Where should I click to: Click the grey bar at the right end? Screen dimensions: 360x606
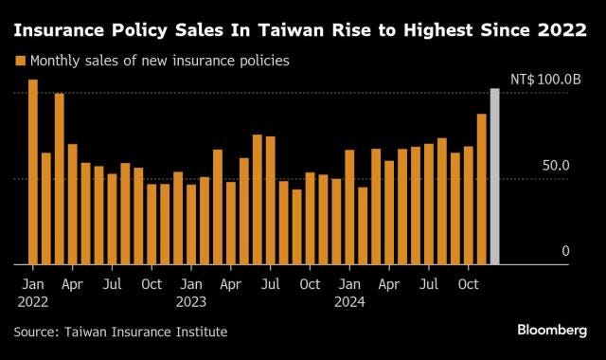click(x=494, y=176)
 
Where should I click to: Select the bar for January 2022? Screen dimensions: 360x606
click(x=33, y=171)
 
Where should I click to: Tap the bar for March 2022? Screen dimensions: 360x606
click(x=60, y=179)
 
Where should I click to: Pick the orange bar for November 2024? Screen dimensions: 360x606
click(x=481, y=189)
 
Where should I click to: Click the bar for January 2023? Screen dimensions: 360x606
click(x=191, y=224)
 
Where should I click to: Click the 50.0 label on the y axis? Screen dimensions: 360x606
click(x=555, y=166)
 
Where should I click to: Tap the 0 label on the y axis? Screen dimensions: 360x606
click(x=565, y=251)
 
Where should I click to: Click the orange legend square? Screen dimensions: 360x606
click(x=20, y=61)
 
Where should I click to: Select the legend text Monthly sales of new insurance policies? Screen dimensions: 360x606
click(x=159, y=61)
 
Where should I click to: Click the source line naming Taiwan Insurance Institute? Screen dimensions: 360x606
click(x=120, y=331)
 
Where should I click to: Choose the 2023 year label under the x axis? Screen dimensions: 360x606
click(x=191, y=301)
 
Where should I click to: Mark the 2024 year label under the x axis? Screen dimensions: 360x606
click(x=349, y=301)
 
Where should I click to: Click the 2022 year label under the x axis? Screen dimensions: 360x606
click(x=33, y=301)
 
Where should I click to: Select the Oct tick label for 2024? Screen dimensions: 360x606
click(x=468, y=282)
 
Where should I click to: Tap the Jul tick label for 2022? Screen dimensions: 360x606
click(x=112, y=282)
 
